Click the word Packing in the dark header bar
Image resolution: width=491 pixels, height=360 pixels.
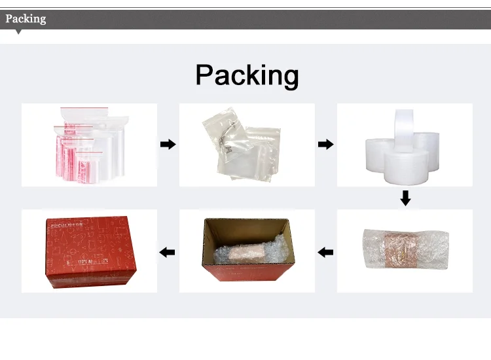pyautogui.click(x=26, y=18)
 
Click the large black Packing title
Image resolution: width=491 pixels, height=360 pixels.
pyautogui.click(x=247, y=75)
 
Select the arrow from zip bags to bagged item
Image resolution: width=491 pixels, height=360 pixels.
pyautogui.click(x=168, y=144)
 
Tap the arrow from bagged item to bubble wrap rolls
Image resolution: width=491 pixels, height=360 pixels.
pyautogui.click(x=325, y=144)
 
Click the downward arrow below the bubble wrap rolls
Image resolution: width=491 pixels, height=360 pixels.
pyautogui.click(x=405, y=197)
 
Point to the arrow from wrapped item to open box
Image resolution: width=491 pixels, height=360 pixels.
pyautogui.click(x=325, y=251)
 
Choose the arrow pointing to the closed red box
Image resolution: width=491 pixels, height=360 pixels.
pyautogui.click(x=168, y=251)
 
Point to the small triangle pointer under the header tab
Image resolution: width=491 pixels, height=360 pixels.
pyautogui.click(x=18, y=31)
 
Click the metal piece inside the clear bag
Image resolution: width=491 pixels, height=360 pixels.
pyautogui.click(x=225, y=139)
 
